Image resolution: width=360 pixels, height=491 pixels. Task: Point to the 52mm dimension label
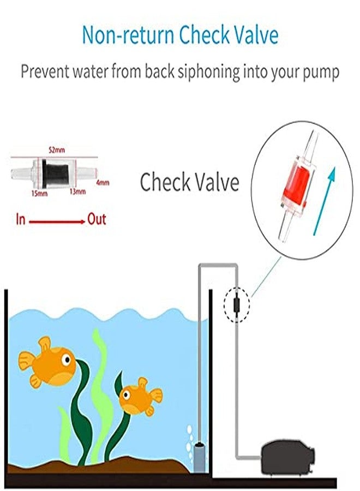coord(56,149)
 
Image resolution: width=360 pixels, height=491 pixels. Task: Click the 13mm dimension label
coord(77,192)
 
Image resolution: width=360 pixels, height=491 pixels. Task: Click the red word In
coord(21,220)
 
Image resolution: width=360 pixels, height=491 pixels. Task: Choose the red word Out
coord(97,220)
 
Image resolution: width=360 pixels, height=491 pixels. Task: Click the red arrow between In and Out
coord(57,221)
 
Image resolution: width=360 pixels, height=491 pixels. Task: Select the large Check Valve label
coord(189,182)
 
